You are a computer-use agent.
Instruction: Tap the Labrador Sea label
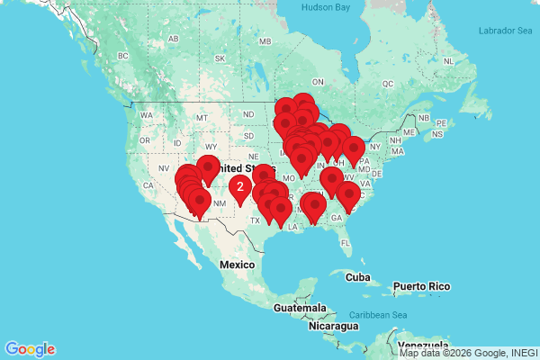click(x=506, y=31)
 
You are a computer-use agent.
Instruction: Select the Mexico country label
click(x=238, y=265)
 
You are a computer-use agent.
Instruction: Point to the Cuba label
click(x=358, y=276)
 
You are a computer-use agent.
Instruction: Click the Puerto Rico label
click(x=420, y=287)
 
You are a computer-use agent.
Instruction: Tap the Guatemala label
click(x=301, y=308)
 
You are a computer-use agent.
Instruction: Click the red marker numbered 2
click(x=239, y=187)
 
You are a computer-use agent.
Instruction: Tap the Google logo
click(x=30, y=349)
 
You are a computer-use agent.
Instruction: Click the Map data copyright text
click(x=468, y=353)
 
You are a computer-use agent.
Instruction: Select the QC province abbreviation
click(x=389, y=83)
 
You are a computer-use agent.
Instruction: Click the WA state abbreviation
click(x=147, y=115)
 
